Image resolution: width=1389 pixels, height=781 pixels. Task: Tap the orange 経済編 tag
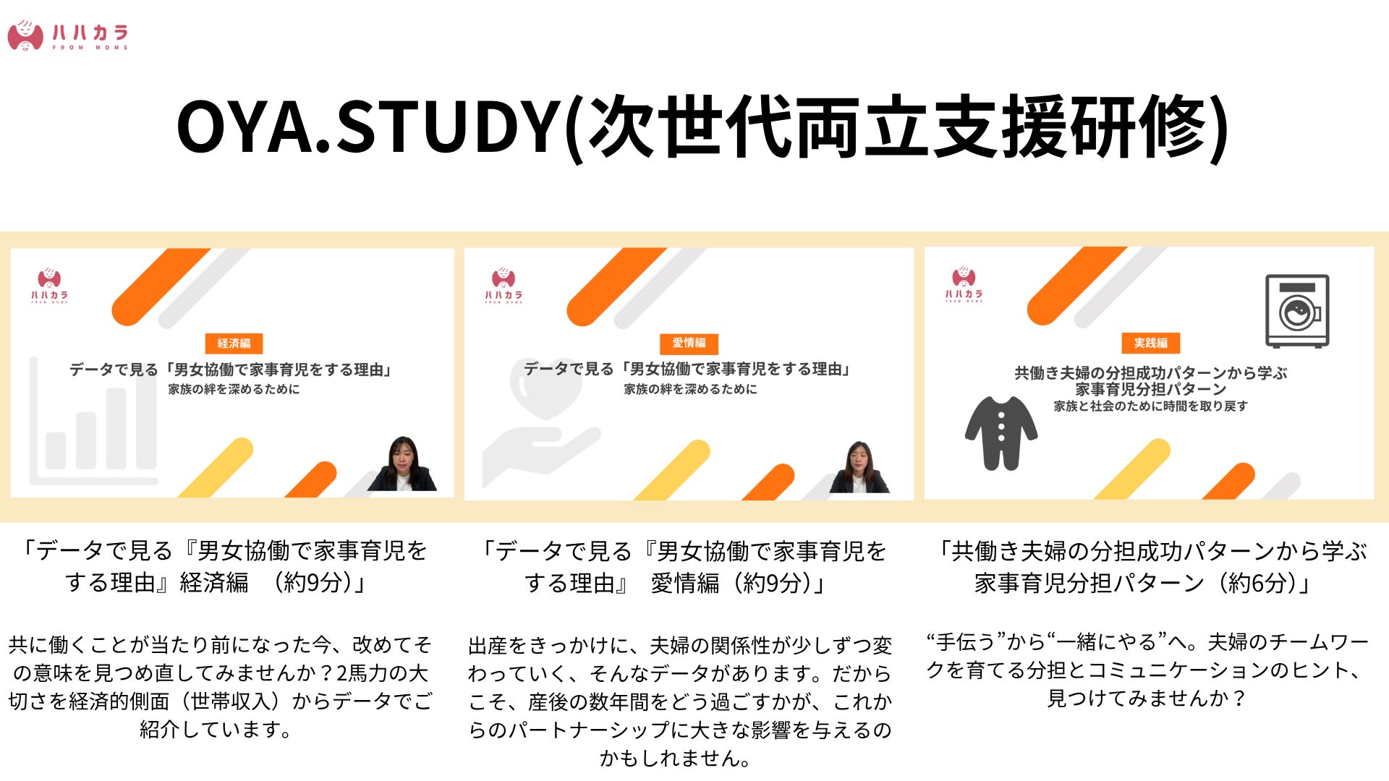(x=234, y=343)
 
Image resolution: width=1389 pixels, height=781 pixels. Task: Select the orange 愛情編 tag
(x=689, y=343)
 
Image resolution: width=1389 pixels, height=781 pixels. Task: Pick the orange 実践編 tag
(x=1150, y=343)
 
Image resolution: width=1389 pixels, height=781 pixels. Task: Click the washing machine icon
(x=1297, y=311)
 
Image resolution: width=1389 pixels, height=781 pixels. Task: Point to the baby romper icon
(x=1001, y=432)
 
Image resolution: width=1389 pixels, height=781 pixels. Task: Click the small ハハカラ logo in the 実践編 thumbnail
(x=964, y=285)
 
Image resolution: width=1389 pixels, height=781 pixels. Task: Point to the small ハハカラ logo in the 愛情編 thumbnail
(x=504, y=286)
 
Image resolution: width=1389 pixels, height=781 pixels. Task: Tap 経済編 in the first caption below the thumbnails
(x=214, y=582)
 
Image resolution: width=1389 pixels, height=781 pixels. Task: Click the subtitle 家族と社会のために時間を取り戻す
(x=1150, y=406)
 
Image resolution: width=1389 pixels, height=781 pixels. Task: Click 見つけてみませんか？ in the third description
(x=1147, y=699)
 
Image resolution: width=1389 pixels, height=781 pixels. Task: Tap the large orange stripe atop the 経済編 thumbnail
(x=161, y=286)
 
